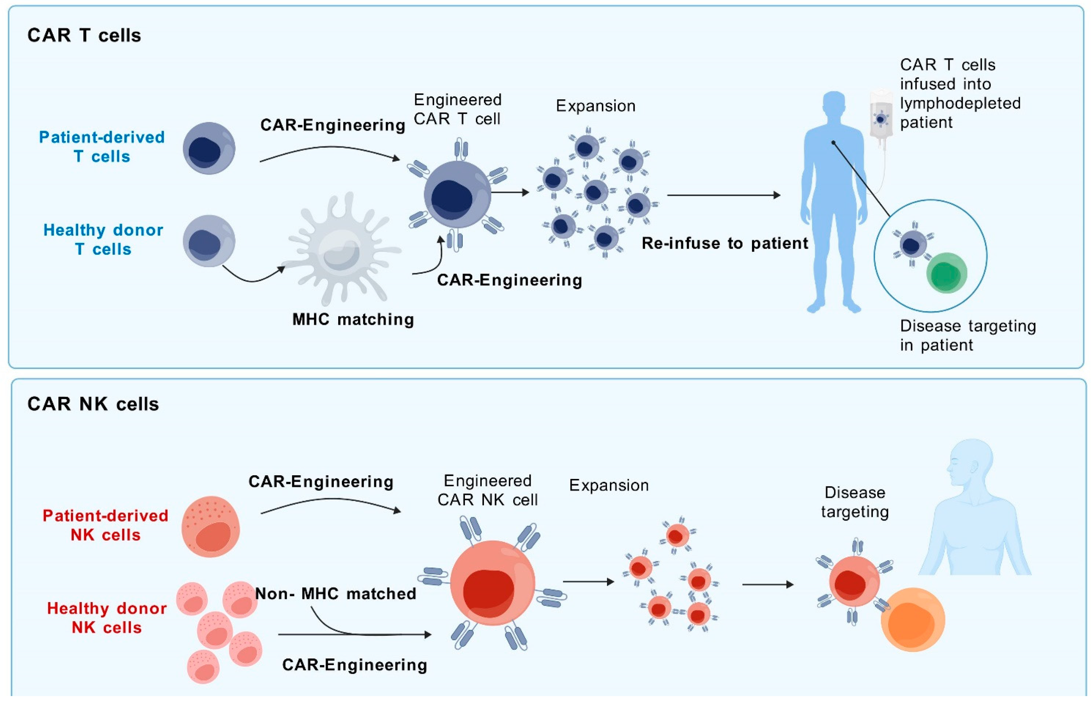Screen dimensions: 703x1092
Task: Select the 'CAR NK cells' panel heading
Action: [93, 404]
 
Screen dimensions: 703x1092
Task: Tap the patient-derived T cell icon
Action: [209, 148]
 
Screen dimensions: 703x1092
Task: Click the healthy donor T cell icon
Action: [209, 241]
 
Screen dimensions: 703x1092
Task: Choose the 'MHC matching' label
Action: [353, 319]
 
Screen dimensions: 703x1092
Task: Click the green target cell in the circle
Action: [946, 273]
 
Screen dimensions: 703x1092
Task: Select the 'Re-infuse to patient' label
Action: [725, 243]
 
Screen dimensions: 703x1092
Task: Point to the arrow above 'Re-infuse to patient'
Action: [723, 195]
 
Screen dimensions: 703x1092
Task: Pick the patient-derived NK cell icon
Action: [210, 526]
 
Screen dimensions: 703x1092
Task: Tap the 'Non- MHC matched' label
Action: [336, 594]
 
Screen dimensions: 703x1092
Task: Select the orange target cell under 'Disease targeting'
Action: [913, 619]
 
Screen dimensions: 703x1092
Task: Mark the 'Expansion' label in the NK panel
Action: [609, 485]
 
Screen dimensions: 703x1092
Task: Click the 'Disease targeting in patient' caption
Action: [967, 335]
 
